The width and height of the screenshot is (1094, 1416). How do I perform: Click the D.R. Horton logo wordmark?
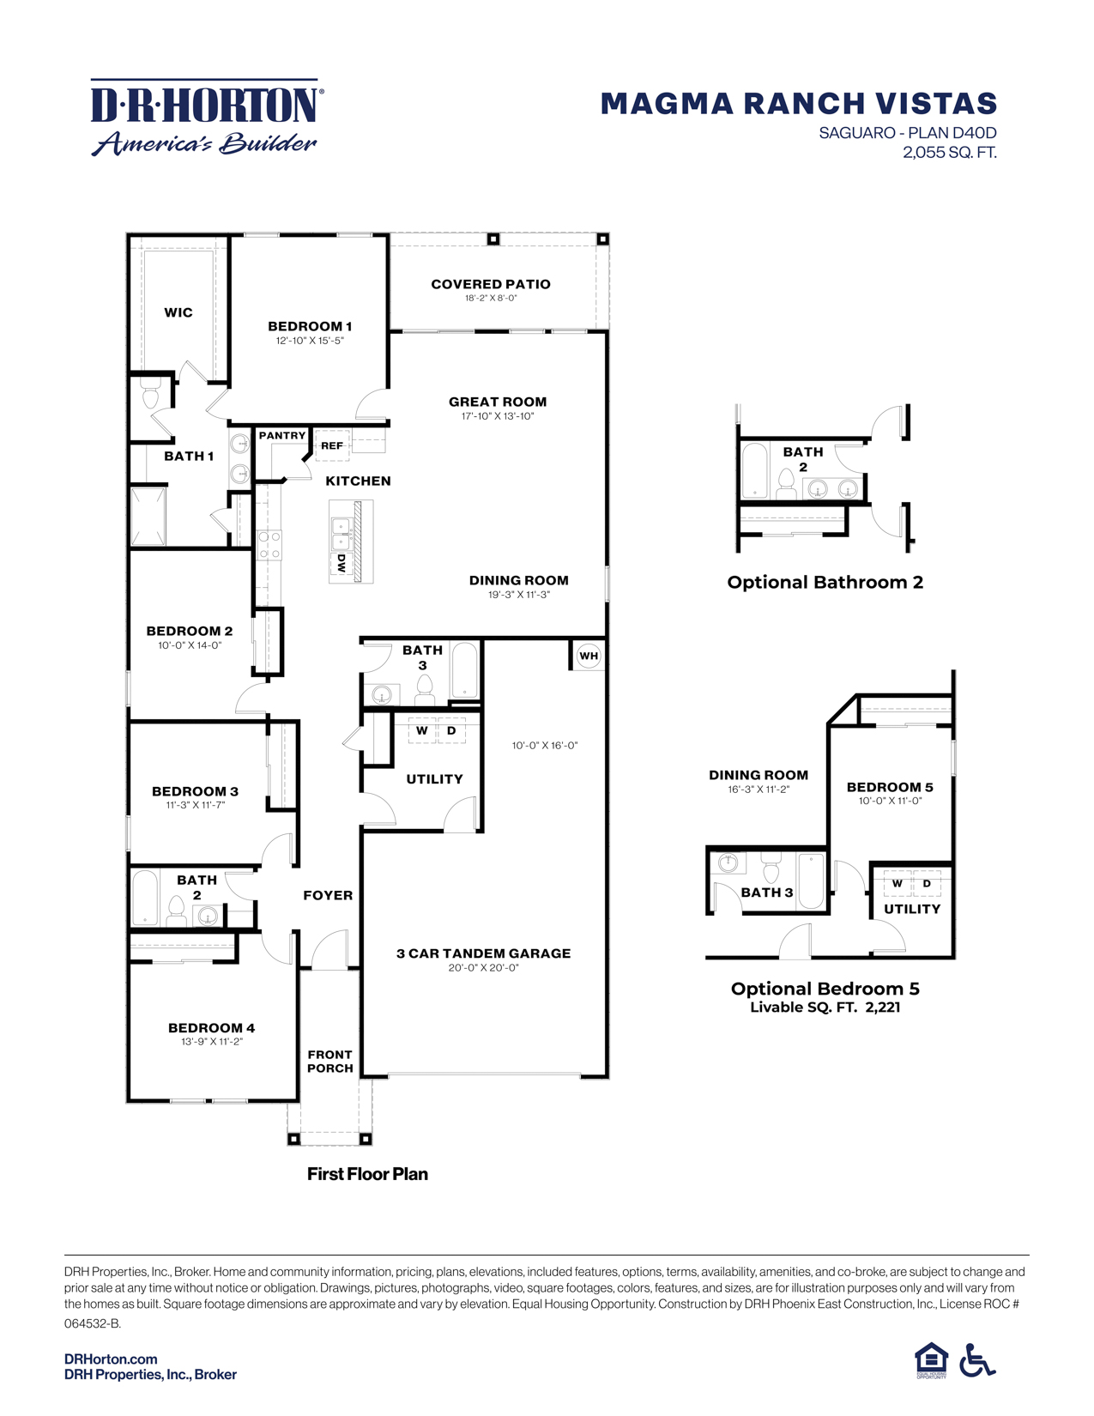tap(206, 105)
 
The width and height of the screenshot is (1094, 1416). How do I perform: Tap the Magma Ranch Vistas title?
tap(798, 104)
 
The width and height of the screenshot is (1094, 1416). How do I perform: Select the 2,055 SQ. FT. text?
tap(949, 153)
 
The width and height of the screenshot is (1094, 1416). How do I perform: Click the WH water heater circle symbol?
tap(589, 656)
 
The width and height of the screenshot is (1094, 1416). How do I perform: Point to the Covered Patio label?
tap(491, 284)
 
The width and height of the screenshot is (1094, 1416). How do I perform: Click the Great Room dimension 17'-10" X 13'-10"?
tap(497, 416)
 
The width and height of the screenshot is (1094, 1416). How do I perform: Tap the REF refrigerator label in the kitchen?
tap(332, 445)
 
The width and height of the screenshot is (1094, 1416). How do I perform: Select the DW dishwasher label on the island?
tap(341, 563)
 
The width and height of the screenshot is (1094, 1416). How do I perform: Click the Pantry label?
tap(282, 436)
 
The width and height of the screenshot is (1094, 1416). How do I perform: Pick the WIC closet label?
tap(178, 312)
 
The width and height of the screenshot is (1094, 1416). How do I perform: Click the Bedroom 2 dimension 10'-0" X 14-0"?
tap(190, 645)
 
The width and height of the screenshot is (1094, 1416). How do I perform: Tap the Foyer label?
tap(328, 895)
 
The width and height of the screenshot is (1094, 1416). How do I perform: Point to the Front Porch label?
tap(330, 1062)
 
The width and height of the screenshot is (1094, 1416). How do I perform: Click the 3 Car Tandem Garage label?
tap(483, 953)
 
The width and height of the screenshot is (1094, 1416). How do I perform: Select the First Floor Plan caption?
tap(367, 1174)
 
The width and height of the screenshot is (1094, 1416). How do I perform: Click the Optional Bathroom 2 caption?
tap(825, 583)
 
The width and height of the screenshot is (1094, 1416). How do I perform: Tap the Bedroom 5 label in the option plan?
tap(890, 787)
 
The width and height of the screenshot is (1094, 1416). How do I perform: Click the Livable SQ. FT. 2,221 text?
tap(825, 1008)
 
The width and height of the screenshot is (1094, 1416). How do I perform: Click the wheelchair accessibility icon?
tap(976, 1360)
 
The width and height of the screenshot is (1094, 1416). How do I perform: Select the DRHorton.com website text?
tap(111, 1359)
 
